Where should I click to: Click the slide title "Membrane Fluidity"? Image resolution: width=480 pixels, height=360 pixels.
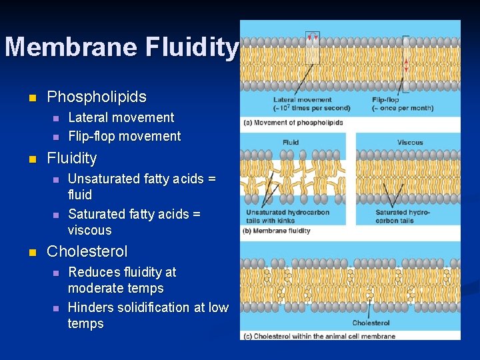pos(121,47)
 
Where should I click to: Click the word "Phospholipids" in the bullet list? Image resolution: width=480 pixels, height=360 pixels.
pos(97,97)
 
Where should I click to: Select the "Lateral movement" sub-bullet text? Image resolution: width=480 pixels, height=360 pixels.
pos(121,117)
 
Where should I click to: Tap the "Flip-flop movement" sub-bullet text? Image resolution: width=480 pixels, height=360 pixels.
pos(124,136)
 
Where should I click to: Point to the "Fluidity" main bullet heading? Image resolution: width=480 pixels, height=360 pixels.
pos(71,159)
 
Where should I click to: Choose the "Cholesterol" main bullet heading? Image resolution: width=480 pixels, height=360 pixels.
pos(87,251)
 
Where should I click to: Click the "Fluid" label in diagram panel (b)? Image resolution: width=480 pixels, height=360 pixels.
pos(291,142)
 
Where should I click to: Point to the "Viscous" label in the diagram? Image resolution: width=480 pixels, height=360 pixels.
pos(409,142)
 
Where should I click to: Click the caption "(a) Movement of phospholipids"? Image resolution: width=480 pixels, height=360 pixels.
pos(293,123)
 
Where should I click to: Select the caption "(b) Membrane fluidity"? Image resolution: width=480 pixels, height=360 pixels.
pos(277,231)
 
